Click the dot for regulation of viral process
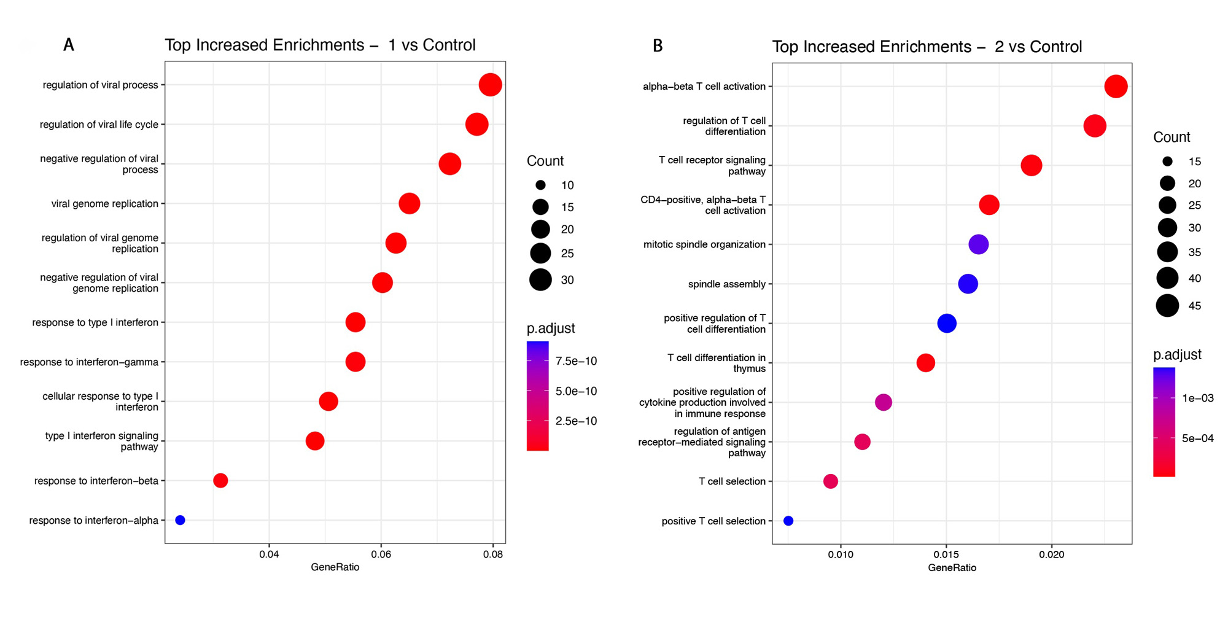click(x=490, y=85)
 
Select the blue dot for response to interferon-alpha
click(x=180, y=520)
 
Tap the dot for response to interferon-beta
click(x=220, y=481)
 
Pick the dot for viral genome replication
click(x=410, y=203)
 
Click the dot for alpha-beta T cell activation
click(x=1116, y=87)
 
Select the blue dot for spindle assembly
click(x=968, y=284)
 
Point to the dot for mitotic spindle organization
click(x=979, y=244)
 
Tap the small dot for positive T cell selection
click(x=788, y=521)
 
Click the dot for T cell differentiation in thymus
click(x=926, y=363)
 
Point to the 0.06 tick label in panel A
click(x=381, y=554)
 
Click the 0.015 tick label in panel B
click(x=946, y=555)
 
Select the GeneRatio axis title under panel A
click(x=335, y=567)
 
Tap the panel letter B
click(x=658, y=46)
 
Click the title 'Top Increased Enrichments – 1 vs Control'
click(x=320, y=45)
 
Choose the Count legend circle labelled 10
click(x=540, y=185)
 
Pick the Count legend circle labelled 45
click(x=1167, y=305)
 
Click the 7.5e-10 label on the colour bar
click(x=576, y=361)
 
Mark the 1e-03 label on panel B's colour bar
click(x=1197, y=398)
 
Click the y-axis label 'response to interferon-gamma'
click(x=89, y=362)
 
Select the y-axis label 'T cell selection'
click(x=732, y=481)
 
